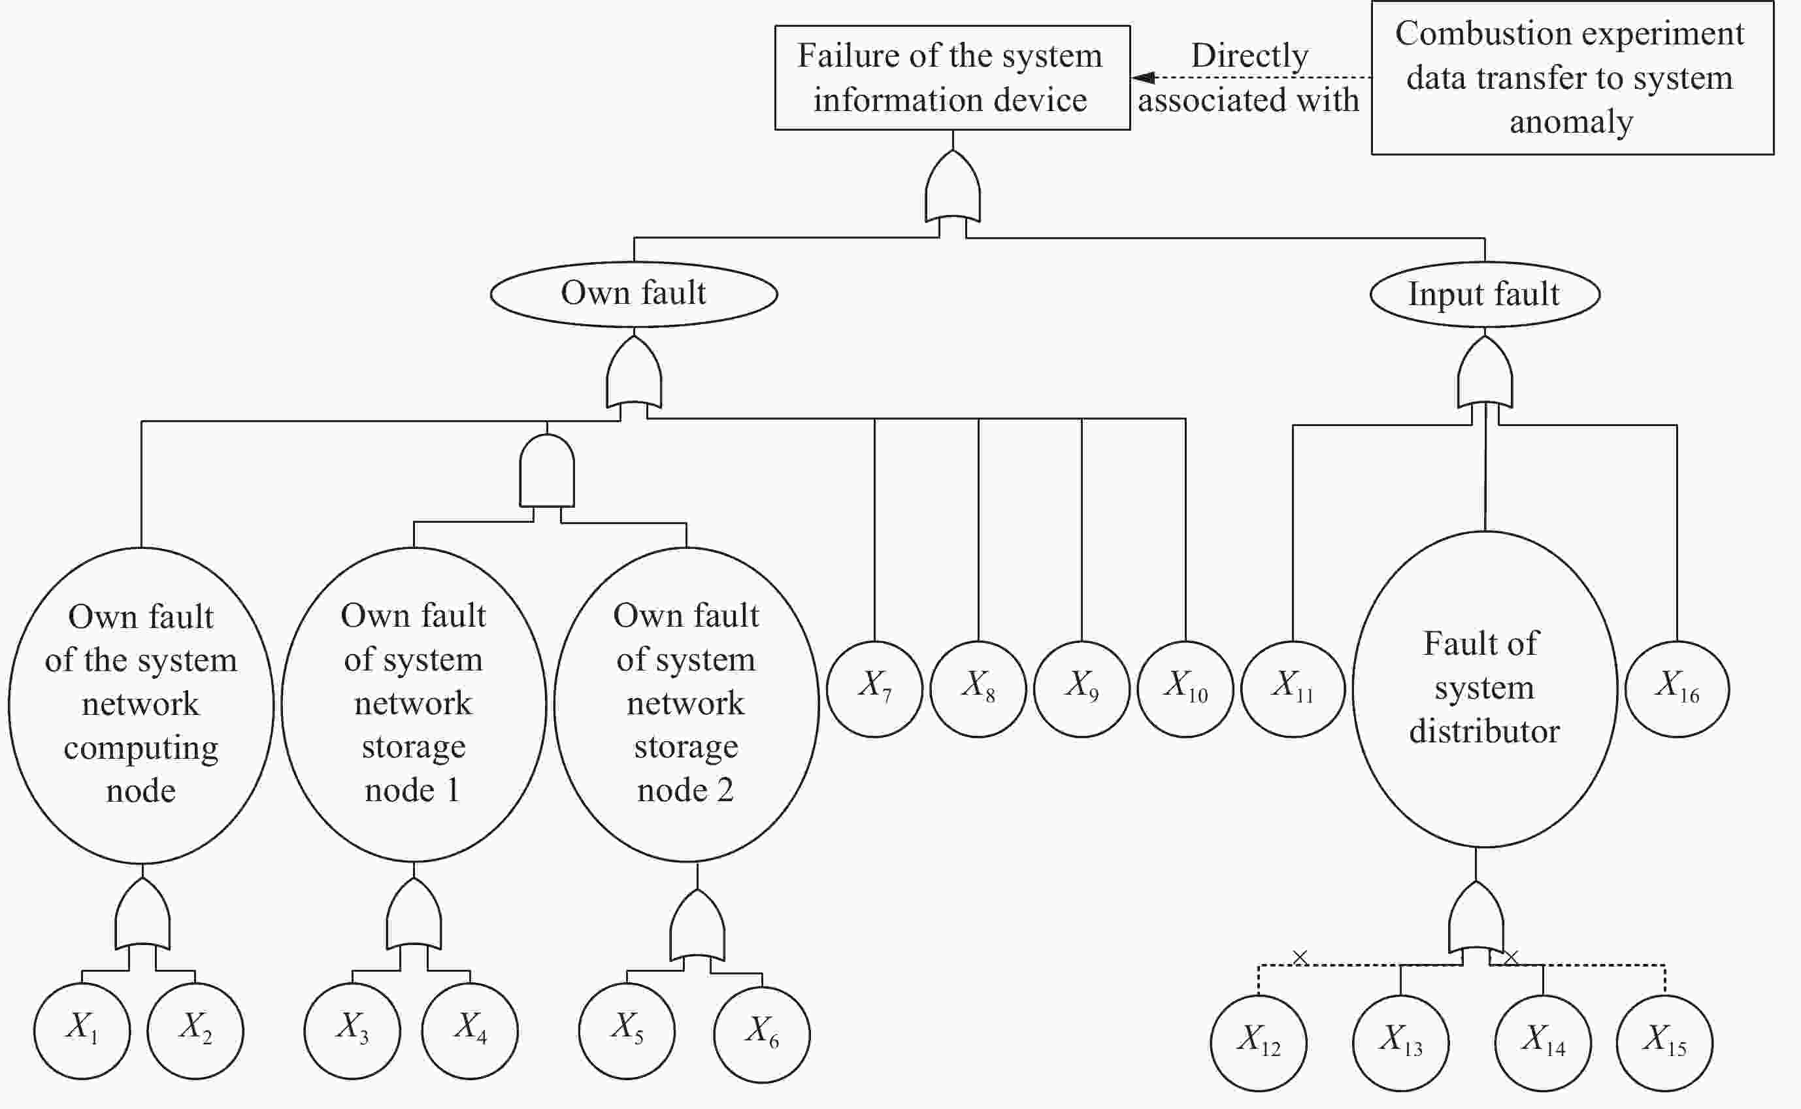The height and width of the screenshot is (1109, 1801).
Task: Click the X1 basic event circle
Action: (82, 1031)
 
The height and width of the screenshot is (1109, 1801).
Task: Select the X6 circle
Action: (762, 1035)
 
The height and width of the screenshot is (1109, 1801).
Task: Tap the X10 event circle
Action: (1185, 689)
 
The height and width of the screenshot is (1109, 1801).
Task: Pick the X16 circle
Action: (1677, 689)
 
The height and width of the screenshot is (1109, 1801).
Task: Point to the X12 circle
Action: (1259, 1043)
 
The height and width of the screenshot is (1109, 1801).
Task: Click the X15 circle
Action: (1664, 1043)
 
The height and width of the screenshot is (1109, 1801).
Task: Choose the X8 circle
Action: (978, 689)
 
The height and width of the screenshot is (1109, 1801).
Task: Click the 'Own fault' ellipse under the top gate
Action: (634, 294)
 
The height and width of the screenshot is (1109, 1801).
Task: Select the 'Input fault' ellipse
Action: (1485, 295)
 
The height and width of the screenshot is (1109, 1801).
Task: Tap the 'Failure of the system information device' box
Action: (952, 78)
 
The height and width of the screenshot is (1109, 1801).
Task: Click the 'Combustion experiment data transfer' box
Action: (1572, 78)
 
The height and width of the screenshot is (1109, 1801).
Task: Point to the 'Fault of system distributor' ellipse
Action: (1485, 689)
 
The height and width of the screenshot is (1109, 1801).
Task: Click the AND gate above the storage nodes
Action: (547, 471)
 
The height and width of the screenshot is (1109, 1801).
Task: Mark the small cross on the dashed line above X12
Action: (1300, 957)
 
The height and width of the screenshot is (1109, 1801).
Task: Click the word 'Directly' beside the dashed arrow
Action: (1249, 56)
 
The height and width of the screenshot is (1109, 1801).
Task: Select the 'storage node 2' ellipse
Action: (686, 704)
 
